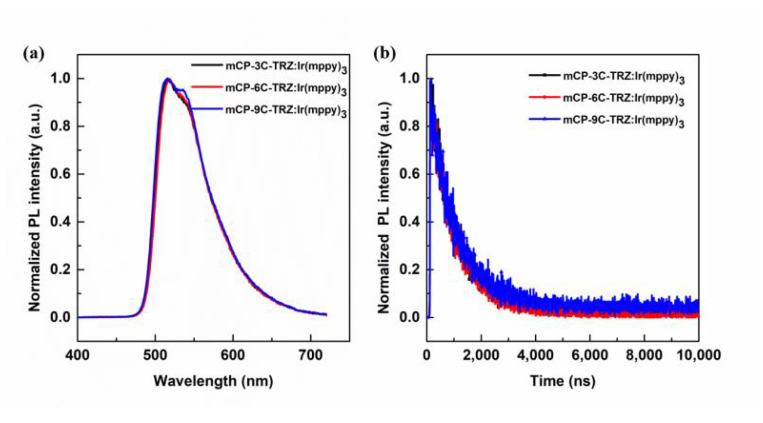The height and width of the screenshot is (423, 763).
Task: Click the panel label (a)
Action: [x=34, y=54]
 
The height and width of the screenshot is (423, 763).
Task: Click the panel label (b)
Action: [x=384, y=54]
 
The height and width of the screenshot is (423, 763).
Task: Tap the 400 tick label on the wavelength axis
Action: [x=77, y=355]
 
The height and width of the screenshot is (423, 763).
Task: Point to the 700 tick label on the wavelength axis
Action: [x=310, y=355]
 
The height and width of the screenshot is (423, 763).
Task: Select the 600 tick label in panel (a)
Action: [x=233, y=355]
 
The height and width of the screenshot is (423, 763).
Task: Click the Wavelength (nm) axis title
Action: [x=213, y=381]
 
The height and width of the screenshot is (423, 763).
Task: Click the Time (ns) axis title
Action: [x=563, y=381]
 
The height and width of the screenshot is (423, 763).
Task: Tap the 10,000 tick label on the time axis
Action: [x=698, y=355]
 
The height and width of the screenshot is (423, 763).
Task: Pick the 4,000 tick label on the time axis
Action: [x=535, y=355]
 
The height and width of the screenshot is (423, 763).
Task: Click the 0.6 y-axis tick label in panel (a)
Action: [x=60, y=174]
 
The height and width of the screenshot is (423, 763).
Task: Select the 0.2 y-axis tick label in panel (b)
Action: [x=409, y=269]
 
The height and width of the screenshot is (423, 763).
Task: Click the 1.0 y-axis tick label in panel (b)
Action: [x=409, y=78]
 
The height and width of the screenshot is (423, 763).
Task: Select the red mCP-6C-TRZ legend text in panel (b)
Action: [x=623, y=99]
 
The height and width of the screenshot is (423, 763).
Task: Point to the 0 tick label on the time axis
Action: [x=427, y=355]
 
